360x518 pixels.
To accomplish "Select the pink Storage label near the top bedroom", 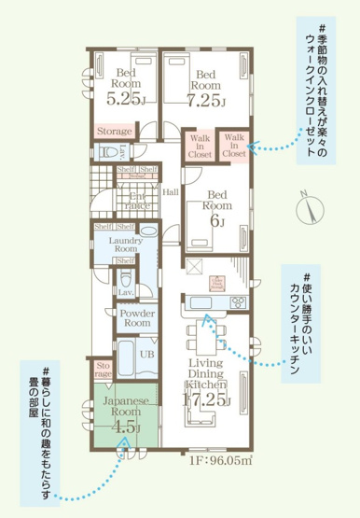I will (x=115, y=132).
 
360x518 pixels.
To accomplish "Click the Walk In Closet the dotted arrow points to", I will (x=234, y=146).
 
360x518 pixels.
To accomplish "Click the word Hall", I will (x=170, y=191).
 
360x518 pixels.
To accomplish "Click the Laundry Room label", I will (x=124, y=245).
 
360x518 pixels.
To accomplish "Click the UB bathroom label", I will (x=146, y=355).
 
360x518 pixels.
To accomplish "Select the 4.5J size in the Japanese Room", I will (x=125, y=428).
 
